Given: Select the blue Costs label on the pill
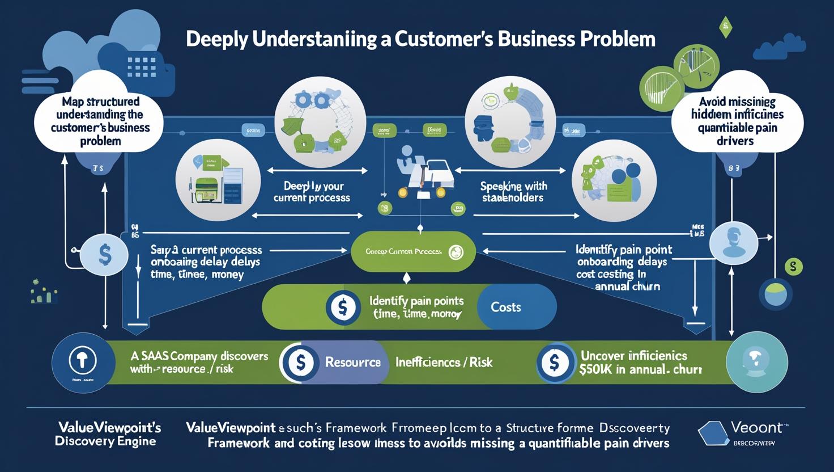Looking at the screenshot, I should [505, 307].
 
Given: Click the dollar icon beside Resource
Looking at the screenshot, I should [300, 363].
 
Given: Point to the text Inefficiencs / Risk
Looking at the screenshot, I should [444, 362].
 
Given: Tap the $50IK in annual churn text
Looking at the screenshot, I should [640, 369].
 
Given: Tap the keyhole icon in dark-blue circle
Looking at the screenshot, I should [82, 361].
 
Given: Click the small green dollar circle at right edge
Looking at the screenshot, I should [793, 266].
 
